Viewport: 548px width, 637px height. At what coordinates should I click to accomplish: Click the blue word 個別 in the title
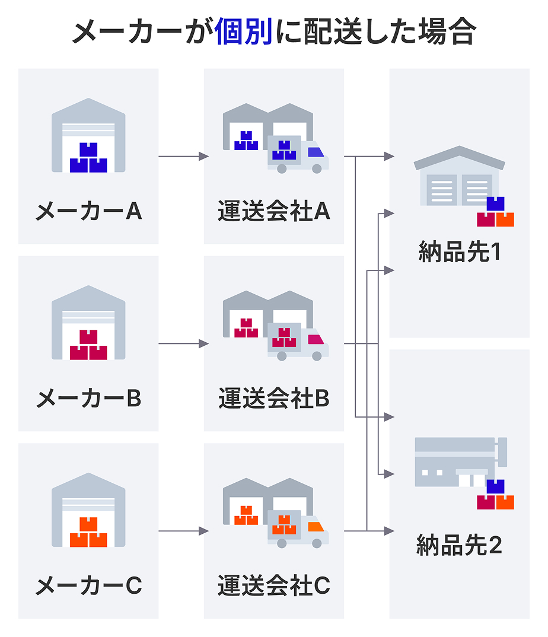tap(244, 32)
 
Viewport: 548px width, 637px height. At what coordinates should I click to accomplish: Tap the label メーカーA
tap(88, 211)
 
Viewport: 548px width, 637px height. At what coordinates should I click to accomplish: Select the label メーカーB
tap(88, 398)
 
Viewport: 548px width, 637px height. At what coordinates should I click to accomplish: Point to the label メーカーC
tap(88, 586)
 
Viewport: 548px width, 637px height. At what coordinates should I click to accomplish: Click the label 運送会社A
tap(273, 211)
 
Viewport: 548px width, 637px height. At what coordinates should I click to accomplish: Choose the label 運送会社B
tap(273, 398)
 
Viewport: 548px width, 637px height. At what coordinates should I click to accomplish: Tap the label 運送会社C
tap(273, 586)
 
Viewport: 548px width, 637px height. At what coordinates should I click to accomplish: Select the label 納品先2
tap(460, 545)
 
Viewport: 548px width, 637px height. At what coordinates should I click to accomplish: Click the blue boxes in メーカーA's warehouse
tap(88, 158)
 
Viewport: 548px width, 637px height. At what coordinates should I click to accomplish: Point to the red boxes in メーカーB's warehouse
tap(88, 345)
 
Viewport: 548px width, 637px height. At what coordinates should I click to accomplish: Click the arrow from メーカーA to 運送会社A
tap(183, 157)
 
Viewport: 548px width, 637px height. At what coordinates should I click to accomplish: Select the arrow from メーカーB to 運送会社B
tap(183, 344)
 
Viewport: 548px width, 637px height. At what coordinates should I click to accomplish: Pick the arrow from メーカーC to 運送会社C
tap(183, 531)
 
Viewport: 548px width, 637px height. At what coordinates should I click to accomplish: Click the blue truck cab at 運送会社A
tap(317, 153)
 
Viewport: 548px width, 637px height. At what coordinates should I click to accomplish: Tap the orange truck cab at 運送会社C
tap(317, 527)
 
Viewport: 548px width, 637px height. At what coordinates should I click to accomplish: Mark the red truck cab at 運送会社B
tap(317, 340)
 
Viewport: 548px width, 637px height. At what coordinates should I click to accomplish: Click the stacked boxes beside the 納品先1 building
tap(495, 212)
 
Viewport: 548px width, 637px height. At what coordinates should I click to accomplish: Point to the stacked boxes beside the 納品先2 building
tap(495, 495)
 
